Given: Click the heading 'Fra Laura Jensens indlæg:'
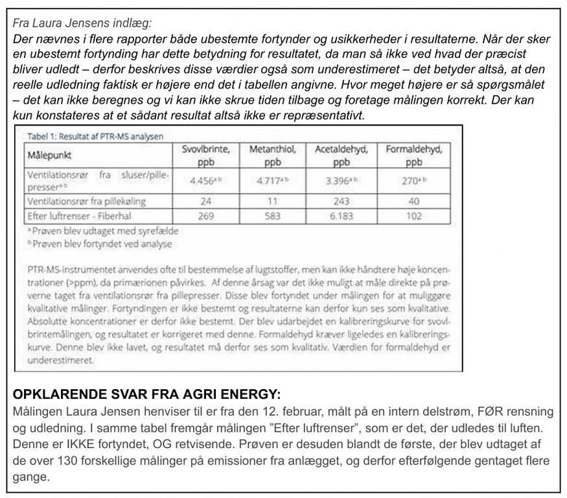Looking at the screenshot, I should pos(82,23).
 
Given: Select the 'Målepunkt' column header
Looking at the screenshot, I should pos(49,156).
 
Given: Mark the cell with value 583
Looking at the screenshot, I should pos(273,216).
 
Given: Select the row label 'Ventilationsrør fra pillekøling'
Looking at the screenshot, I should pos(84,201).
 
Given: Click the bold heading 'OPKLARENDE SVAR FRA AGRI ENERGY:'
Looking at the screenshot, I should pos(146,394).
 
